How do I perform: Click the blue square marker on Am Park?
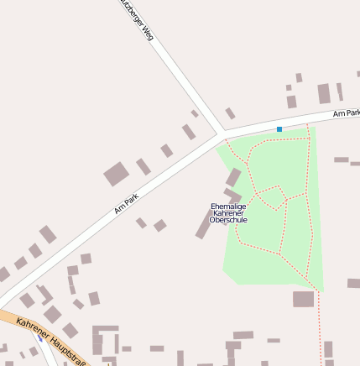pyautogui.click(x=279, y=129)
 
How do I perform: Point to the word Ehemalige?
pyautogui.click(x=228, y=206)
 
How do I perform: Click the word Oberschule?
pyautogui.click(x=228, y=220)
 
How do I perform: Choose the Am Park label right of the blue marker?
pyautogui.click(x=346, y=112)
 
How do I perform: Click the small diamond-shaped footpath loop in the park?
pyautogui.click(x=271, y=198)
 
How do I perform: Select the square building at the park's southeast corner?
pyautogui.click(x=303, y=299)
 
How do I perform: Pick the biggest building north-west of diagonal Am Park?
pyautogui.click(x=116, y=175)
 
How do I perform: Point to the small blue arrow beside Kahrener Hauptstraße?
pyautogui.click(x=39, y=339)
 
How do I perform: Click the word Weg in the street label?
pyautogui.click(x=149, y=34)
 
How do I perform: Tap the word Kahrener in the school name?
pyautogui.click(x=228, y=213)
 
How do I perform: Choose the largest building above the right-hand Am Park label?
pyautogui.click(x=324, y=93)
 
